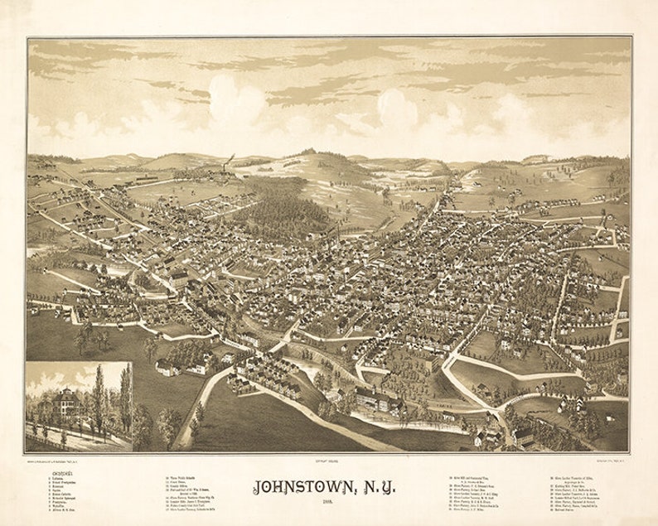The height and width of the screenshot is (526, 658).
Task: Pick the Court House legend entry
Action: coord(184,483)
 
